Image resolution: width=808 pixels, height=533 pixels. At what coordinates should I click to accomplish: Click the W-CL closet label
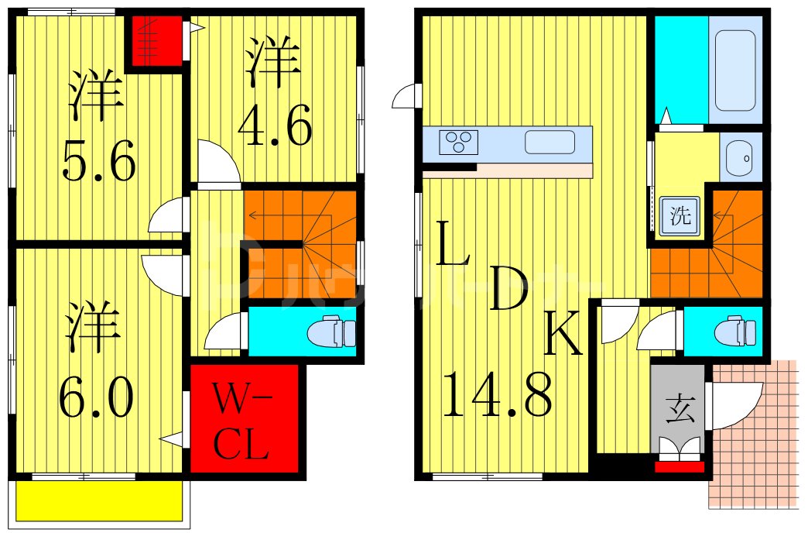(x=243, y=422)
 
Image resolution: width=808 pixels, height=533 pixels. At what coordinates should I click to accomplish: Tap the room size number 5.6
(x=99, y=160)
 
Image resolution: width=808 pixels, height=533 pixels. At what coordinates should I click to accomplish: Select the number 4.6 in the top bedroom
(x=275, y=126)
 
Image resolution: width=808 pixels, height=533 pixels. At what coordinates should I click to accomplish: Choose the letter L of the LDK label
(x=452, y=242)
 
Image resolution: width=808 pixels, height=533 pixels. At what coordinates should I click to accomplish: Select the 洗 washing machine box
(x=680, y=217)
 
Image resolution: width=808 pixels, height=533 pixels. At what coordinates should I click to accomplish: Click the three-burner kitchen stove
(x=458, y=143)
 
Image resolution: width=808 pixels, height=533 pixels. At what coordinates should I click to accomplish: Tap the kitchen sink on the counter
(x=550, y=143)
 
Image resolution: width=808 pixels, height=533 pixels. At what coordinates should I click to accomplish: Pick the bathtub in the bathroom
(x=734, y=70)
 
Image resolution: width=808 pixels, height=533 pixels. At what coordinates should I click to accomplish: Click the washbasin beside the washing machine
(x=741, y=158)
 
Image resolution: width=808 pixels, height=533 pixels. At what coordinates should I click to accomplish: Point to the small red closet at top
(x=156, y=41)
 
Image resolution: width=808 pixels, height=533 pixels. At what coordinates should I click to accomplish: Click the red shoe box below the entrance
(x=680, y=466)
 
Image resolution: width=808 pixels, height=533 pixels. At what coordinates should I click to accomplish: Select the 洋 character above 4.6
(x=273, y=62)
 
